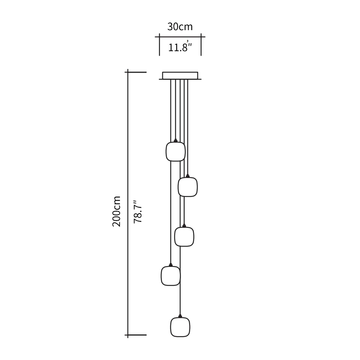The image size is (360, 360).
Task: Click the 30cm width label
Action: coord(180,27)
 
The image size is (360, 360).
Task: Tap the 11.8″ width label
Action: coord(180,47)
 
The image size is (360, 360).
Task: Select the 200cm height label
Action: coord(116,211)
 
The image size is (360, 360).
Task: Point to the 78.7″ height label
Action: coord(138,211)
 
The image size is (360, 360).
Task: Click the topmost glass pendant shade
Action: coord(175,152)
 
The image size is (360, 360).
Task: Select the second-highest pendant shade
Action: coord(187,187)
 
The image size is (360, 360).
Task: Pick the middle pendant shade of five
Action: coord(184,237)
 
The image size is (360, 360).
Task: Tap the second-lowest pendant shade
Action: coord(171,276)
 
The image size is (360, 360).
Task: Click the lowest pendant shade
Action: coord(180,327)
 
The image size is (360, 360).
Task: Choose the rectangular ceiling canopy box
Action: coord(180,76)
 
